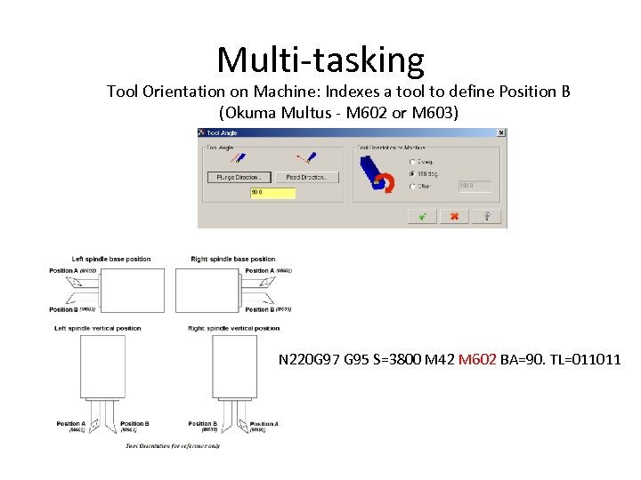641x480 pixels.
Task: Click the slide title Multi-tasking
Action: click(320, 60)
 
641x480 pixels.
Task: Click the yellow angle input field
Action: click(272, 192)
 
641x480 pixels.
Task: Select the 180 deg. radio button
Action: click(411, 173)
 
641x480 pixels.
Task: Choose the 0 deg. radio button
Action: click(411, 161)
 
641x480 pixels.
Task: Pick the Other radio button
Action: click(411, 186)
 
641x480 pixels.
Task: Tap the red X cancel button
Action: click(454, 216)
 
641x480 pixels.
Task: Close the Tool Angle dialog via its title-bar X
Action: click(501, 133)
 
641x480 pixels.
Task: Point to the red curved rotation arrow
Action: click(385, 182)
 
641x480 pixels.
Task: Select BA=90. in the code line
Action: click(522, 360)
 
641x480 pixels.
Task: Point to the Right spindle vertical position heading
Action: click(234, 328)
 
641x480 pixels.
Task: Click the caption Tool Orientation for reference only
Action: click(173, 445)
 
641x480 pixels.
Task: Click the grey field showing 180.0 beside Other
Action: click(475, 186)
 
